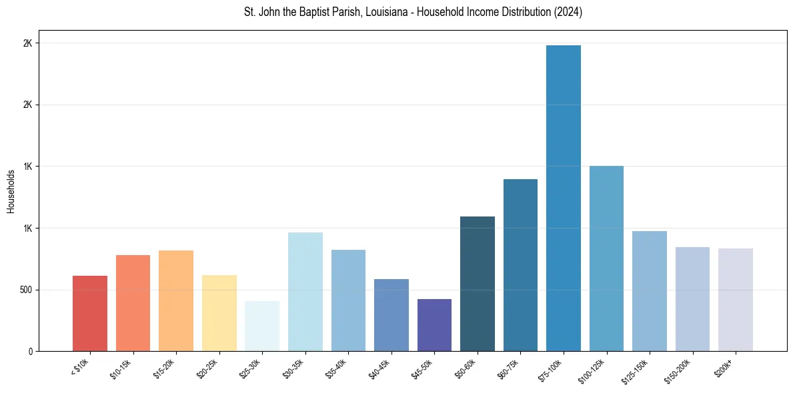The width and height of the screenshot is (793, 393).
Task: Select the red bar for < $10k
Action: coord(90,314)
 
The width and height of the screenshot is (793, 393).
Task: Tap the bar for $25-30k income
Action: coord(262,326)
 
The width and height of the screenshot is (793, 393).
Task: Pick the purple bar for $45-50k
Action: coord(434,325)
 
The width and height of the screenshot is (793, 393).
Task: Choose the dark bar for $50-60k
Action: coord(478,284)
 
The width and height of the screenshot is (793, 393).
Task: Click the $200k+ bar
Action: coord(736,300)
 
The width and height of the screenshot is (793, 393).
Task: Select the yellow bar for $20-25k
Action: coord(219,313)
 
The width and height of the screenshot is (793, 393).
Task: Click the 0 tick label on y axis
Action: coord(30,352)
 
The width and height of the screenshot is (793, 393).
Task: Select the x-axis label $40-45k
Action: coord(379,368)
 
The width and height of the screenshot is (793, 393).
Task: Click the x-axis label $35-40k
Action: coord(337,368)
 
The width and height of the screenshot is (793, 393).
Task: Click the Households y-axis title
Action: coord(11,191)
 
